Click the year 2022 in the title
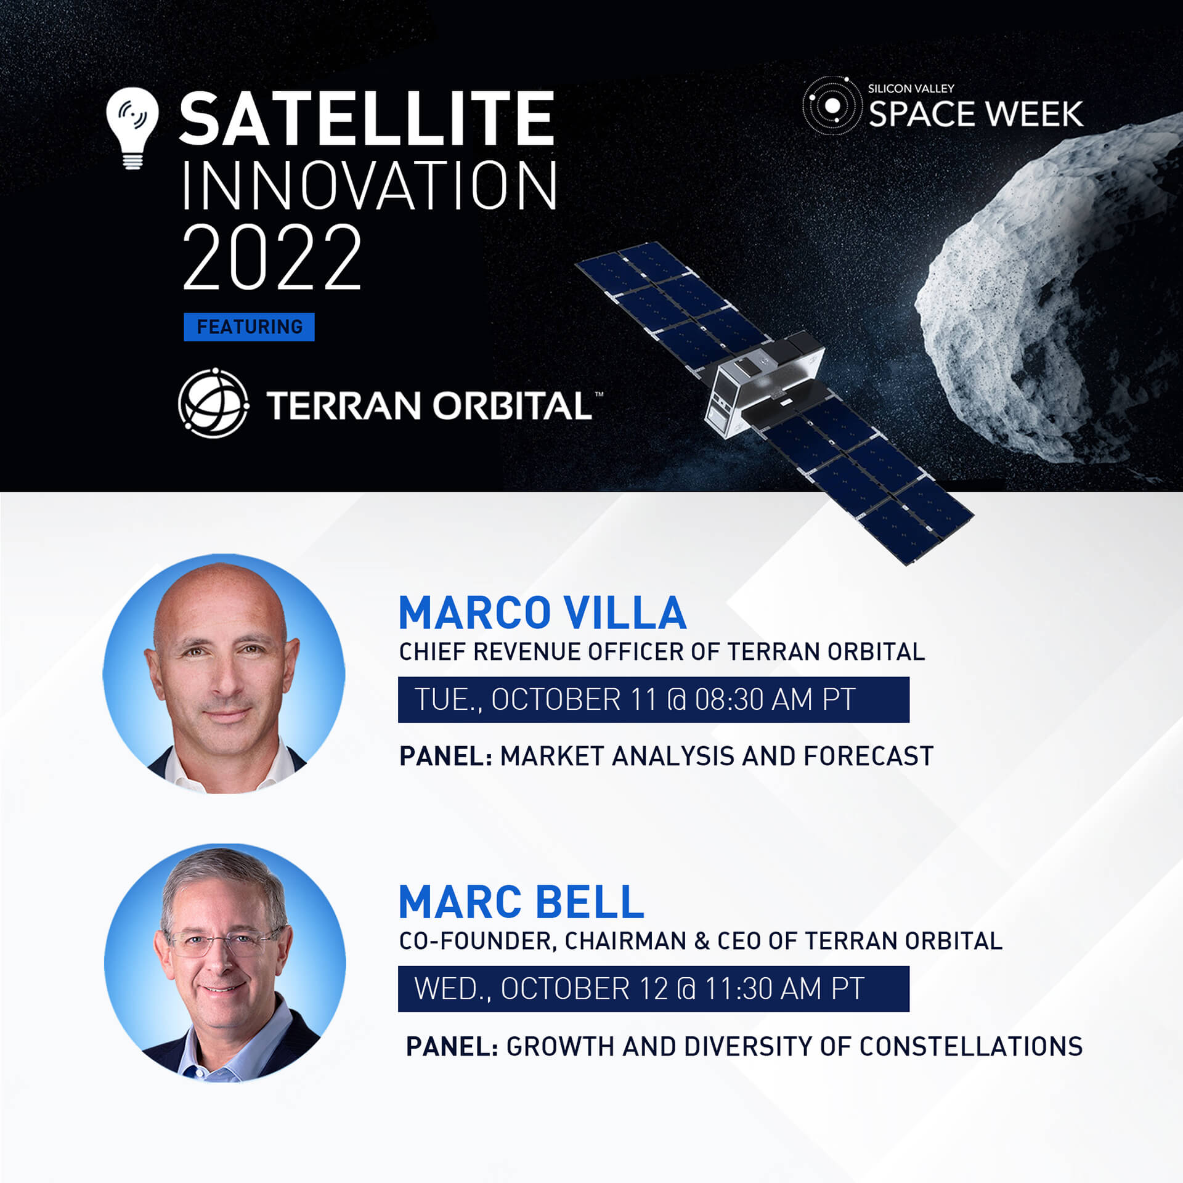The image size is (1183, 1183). click(272, 257)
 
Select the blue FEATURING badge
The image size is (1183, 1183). click(249, 327)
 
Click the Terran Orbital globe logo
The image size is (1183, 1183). click(213, 403)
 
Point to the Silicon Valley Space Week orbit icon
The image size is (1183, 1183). click(832, 105)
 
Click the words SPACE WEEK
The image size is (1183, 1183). click(975, 114)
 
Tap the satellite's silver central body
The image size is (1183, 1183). click(764, 382)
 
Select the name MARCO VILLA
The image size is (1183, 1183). click(542, 613)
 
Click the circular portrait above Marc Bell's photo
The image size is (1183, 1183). click(224, 673)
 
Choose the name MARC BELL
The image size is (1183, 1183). click(521, 902)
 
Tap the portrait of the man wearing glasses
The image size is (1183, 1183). click(225, 963)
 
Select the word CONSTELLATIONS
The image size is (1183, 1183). click(971, 1046)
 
